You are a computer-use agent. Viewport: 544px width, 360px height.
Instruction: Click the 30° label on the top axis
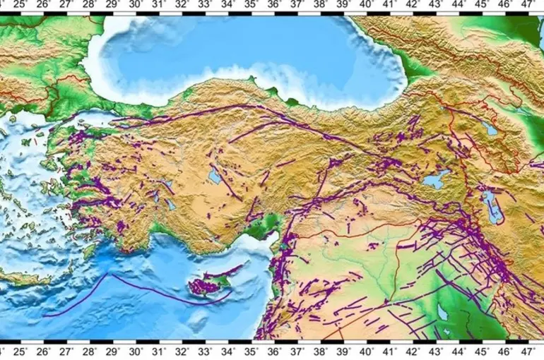[x=136, y=5]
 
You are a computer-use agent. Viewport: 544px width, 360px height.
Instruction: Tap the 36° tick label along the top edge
[x=275, y=5]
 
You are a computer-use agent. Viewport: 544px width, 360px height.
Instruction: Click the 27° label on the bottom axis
[x=66, y=352]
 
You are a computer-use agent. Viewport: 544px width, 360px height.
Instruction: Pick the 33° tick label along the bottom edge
[x=205, y=352]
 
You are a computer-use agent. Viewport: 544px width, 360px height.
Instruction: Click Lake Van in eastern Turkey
[x=433, y=180]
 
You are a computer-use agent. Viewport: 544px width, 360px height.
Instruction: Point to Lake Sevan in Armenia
[x=489, y=128]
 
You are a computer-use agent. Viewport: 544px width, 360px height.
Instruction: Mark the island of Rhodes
[x=92, y=248]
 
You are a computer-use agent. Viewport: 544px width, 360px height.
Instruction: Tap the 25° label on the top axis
[x=21, y=5]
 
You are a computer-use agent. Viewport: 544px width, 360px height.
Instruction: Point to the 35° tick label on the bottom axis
[x=251, y=352]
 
